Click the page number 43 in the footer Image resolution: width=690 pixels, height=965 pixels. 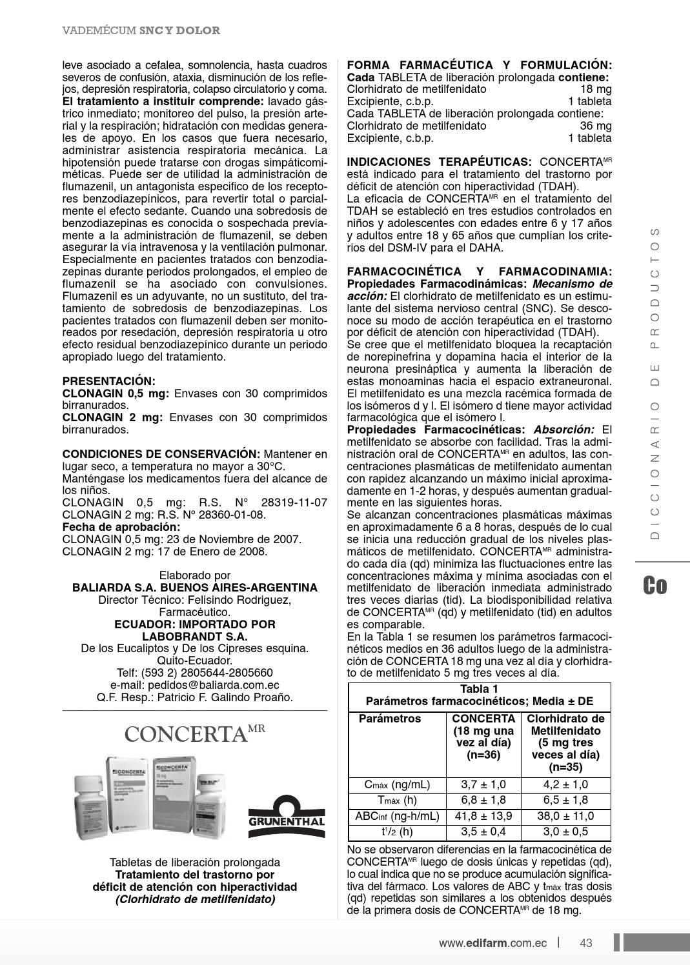click(x=585, y=942)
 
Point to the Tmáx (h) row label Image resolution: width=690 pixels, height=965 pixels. click(x=396, y=801)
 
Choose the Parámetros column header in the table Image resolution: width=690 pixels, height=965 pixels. click(x=390, y=719)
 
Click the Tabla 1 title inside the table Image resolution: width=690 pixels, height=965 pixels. click(x=479, y=689)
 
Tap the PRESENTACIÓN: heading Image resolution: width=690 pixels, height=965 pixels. click(x=108, y=381)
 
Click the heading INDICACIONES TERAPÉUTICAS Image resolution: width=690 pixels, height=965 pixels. click(x=439, y=162)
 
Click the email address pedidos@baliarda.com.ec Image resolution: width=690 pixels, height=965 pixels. click(x=195, y=685)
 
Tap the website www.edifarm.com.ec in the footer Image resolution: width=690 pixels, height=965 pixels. click(x=492, y=942)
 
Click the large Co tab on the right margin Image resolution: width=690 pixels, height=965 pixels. click(x=654, y=585)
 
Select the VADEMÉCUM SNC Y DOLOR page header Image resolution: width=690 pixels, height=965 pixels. click(x=141, y=30)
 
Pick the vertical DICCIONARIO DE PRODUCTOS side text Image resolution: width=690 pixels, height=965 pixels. click(x=655, y=383)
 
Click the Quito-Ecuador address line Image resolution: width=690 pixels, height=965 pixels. click(x=195, y=661)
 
